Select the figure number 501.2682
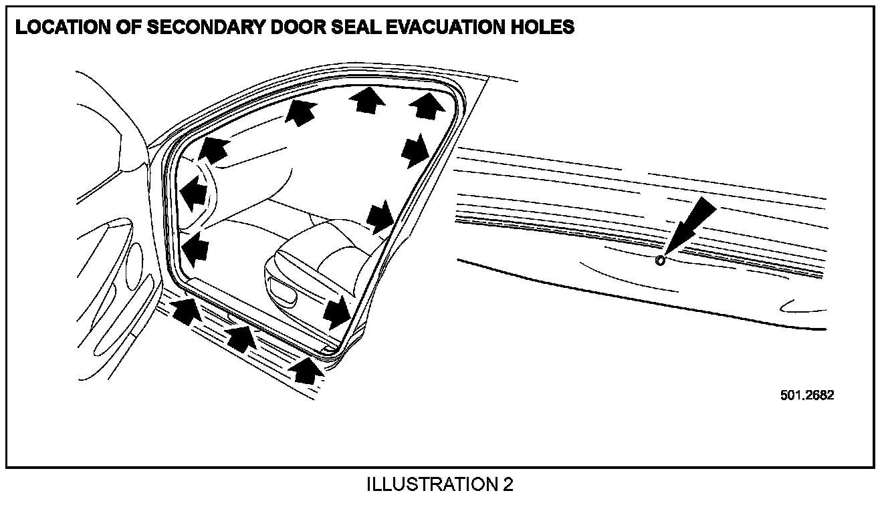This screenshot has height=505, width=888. click(807, 394)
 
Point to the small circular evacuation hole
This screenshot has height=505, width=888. click(661, 260)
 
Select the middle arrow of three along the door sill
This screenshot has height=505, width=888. click(242, 337)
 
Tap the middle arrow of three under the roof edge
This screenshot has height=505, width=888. click(367, 101)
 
